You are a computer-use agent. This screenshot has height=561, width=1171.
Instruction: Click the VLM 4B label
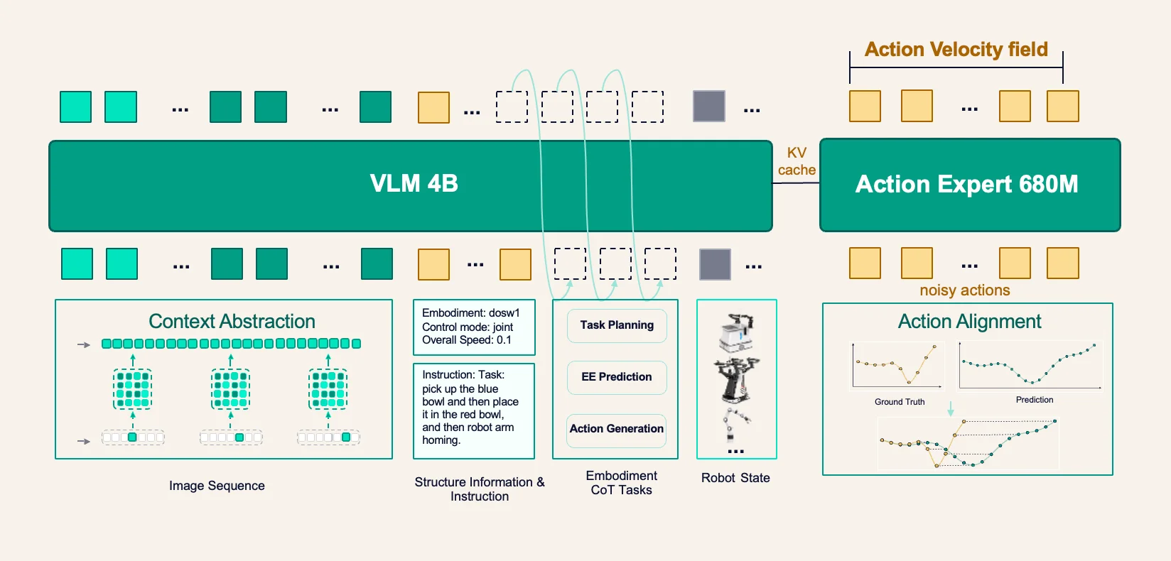tap(414, 183)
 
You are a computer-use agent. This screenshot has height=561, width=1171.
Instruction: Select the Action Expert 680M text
tap(966, 184)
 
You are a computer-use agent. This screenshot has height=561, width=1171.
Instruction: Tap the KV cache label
tap(797, 161)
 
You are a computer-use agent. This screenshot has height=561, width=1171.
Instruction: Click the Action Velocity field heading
tap(956, 49)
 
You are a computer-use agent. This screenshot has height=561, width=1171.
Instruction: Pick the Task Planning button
tap(617, 325)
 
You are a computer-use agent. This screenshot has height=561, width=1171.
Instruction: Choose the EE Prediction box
tap(617, 377)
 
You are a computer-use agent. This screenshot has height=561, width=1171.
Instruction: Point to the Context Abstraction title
tap(232, 321)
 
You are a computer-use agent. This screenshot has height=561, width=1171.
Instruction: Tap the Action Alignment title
tap(970, 321)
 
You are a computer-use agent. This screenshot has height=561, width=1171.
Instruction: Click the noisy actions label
tap(965, 290)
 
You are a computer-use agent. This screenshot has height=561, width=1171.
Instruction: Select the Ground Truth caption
tap(900, 402)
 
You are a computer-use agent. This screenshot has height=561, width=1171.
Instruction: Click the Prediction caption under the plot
tap(1035, 400)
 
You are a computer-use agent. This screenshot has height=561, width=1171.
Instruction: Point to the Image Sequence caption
tap(217, 486)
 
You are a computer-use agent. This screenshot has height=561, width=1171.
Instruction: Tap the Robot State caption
tap(735, 478)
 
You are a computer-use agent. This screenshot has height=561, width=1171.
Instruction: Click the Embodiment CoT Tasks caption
tap(622, 483)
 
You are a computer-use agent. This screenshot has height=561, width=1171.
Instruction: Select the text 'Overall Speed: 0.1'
tap(467, 340)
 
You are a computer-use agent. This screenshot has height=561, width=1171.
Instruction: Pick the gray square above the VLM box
tap(709, 106)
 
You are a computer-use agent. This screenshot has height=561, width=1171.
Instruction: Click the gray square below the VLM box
tap(715, 264)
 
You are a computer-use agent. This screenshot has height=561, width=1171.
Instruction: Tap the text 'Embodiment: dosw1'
tap(471, 313)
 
